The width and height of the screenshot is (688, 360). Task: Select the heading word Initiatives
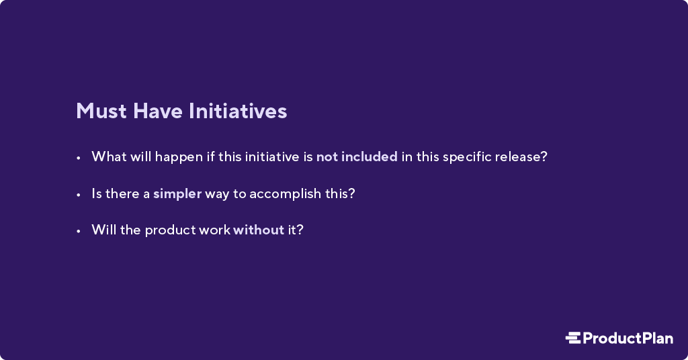[x=237, y=111]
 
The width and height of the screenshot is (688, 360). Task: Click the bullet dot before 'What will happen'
[x=79, y=158]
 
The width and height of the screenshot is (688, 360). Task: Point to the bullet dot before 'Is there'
[x=79, y=195]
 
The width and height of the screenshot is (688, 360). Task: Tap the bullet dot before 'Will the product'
[x=79, y=231]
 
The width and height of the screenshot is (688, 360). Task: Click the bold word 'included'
[x=370, y=157]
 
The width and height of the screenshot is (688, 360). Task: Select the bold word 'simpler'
[x=177, y=194]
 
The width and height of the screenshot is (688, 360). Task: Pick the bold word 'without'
[x=259, y=230]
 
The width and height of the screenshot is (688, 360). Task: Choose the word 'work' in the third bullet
[x=214, y=230]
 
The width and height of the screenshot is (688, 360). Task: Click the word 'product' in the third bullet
[x=170, y=230]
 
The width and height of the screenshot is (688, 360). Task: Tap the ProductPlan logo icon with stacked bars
[x=572, y=338]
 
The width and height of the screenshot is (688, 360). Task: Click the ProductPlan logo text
[x=628, y=338]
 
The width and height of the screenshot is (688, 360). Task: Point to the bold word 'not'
[x=327, y=157]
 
